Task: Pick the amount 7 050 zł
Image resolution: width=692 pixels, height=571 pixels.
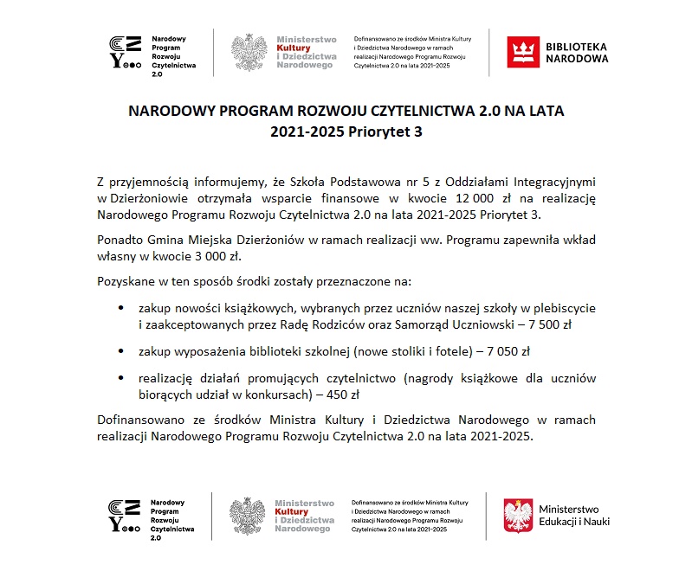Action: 504,351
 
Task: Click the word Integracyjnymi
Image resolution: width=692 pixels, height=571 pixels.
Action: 550,183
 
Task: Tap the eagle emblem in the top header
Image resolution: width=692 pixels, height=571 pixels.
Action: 250,53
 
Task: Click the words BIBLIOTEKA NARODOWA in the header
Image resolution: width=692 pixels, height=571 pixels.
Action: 577,52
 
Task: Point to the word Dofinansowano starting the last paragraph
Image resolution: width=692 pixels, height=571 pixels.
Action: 136,420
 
